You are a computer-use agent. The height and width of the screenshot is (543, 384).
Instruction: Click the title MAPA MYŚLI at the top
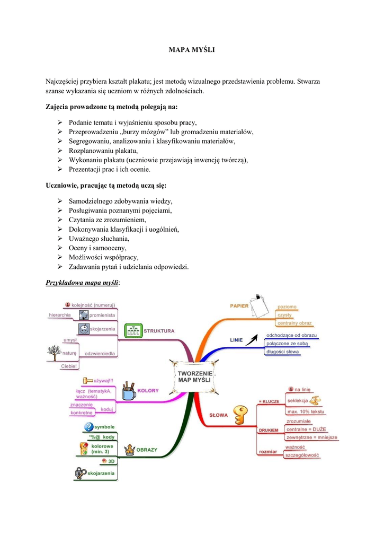click(192, 50)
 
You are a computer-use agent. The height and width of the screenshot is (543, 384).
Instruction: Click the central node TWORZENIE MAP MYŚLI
click(194, 376)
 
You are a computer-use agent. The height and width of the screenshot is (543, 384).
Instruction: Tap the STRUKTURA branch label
click(159, 331)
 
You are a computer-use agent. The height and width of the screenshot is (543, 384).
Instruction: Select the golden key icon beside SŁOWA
click(241, 415)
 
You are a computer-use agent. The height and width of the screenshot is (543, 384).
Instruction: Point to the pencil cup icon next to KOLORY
click(128, 391)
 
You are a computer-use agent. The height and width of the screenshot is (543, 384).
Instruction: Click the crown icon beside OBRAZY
click(129, 450)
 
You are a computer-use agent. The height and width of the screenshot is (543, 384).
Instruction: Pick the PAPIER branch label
click(239, 306)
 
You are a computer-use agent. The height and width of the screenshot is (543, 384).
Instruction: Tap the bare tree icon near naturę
click(53, 352)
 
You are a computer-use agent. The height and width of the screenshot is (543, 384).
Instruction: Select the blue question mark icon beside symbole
click(88, 427)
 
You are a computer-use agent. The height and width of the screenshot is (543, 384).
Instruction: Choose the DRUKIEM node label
click(269, 430)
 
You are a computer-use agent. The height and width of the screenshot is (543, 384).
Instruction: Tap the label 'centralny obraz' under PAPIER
click(294, 323)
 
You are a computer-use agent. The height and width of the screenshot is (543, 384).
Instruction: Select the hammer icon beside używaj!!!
click(87, 380)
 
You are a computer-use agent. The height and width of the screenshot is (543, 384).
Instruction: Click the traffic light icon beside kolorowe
click(83, 449)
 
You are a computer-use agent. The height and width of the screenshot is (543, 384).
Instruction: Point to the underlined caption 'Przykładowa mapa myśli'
click(82, 283)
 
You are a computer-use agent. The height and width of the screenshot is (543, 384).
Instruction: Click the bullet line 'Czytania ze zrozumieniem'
click(107, 220)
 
